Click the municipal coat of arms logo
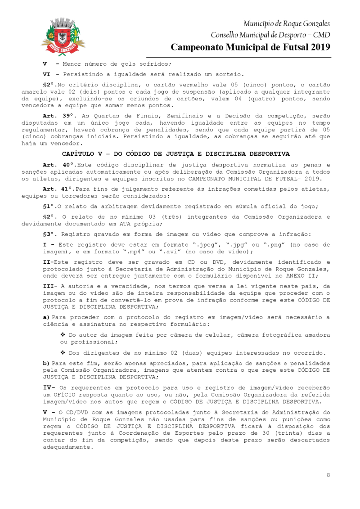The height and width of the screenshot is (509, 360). pyautogui.click(x=63, y=36)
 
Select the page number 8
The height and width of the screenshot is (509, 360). pyautogui.click(x=328, y=475)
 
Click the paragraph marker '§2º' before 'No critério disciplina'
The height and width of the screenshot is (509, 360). pyautogui.click(x=49, y=85)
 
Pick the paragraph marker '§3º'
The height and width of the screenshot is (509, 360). pyautogui.click(x=49, y=234)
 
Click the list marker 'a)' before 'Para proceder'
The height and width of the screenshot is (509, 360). pyautogui.click(x=46, y=318)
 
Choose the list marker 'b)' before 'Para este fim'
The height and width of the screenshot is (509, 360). pyautogui.click(x=46, y=362)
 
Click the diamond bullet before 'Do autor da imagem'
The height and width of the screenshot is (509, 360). pyautogui.click(x=63, y=335)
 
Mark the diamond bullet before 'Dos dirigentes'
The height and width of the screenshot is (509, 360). pyautogui.click(x=63, y=351)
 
